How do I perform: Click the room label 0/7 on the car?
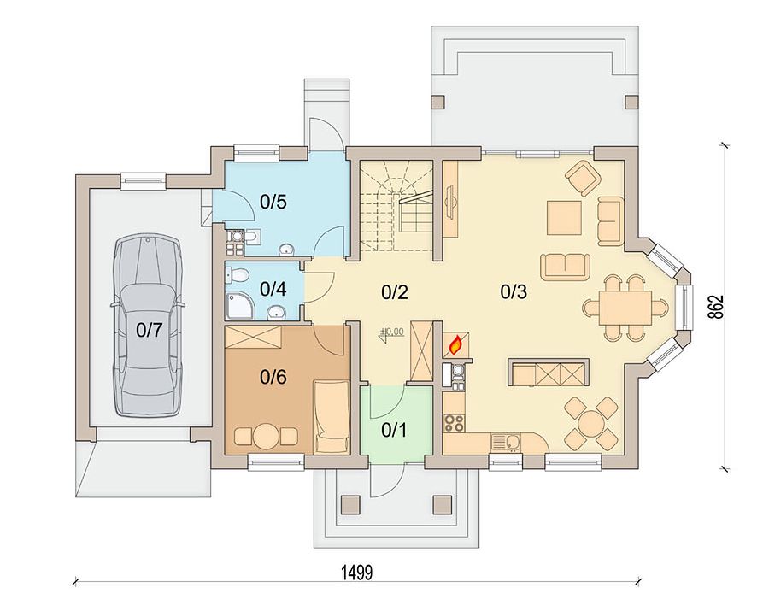149,331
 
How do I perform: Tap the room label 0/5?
273,202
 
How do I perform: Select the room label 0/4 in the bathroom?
273,290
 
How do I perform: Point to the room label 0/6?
273,377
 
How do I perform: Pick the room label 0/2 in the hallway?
394,292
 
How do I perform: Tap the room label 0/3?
514,291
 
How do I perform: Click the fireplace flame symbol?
455,344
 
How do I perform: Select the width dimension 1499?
357,573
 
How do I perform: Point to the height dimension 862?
715,308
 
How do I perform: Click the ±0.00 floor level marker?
392,332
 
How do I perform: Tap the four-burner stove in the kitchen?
454,423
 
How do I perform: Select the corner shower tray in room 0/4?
238,307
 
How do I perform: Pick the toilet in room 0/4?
236,274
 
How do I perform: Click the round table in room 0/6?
266,435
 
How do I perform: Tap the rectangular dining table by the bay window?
625,308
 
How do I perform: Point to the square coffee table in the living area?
565,217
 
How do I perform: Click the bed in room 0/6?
332,417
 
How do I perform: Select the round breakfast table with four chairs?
591,423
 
